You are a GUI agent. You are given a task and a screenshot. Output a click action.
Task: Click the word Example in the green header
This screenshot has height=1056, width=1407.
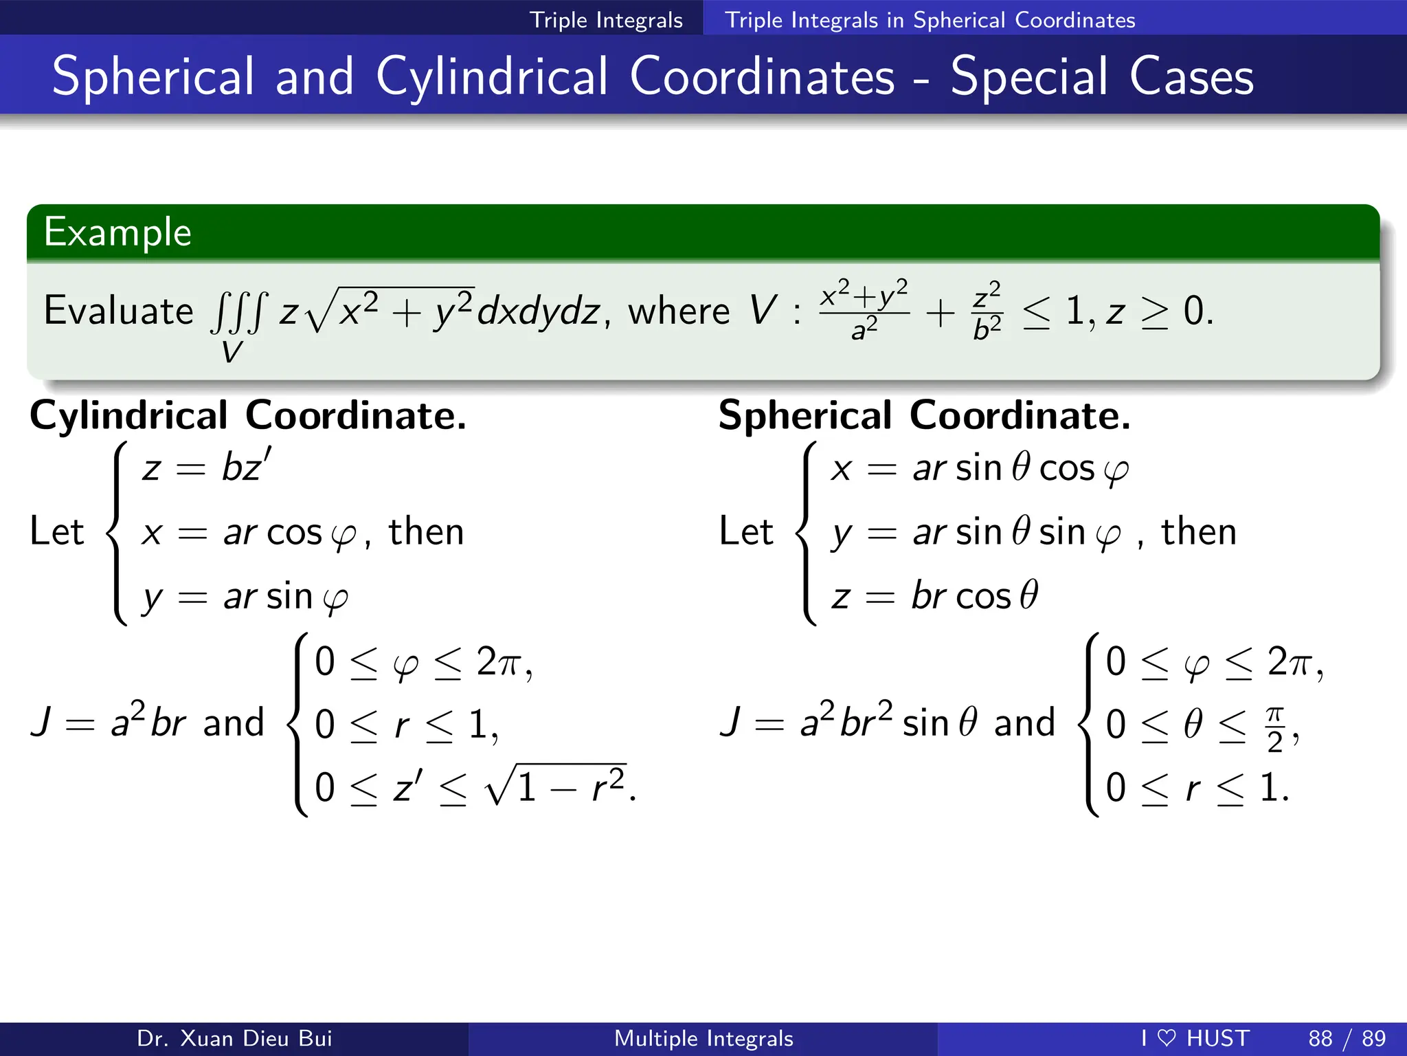coord(117,232)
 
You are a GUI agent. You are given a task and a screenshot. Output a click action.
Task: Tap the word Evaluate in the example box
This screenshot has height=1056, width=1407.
coord(118,311)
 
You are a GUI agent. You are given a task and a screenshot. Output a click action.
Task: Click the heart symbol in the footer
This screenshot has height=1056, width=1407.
coord(1167,1037)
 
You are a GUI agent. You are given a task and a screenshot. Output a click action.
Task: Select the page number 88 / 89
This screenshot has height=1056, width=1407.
coord(1347,1038)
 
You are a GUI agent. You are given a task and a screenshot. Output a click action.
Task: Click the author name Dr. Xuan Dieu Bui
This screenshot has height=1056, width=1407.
coord(234,1038)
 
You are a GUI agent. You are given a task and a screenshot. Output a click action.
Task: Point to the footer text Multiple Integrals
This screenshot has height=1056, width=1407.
coord(703,1038)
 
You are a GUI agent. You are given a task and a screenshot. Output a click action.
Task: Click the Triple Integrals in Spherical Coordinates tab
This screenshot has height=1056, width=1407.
coord(930,19)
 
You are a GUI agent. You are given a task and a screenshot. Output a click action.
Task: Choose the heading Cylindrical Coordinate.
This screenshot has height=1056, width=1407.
coord(248,415)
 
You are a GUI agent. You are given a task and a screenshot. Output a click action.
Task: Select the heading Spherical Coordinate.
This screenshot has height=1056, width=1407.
coord(924,415)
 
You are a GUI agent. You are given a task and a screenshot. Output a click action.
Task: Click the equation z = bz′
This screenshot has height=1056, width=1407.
coord(207,467)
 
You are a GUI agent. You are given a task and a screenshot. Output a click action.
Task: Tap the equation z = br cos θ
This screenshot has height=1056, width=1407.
coord(934,595)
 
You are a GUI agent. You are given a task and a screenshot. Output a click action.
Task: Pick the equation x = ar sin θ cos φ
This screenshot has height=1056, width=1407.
coord(980,469)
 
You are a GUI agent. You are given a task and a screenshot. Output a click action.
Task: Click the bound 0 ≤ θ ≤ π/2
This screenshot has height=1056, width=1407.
coord(1202,725)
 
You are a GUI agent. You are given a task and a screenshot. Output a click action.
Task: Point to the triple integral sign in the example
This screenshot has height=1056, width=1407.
coord(236,313)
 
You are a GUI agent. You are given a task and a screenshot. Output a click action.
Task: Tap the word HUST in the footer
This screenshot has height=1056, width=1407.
coord(1217,1038)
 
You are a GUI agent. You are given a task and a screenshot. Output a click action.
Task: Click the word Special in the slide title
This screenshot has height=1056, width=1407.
coord(1028,76)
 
